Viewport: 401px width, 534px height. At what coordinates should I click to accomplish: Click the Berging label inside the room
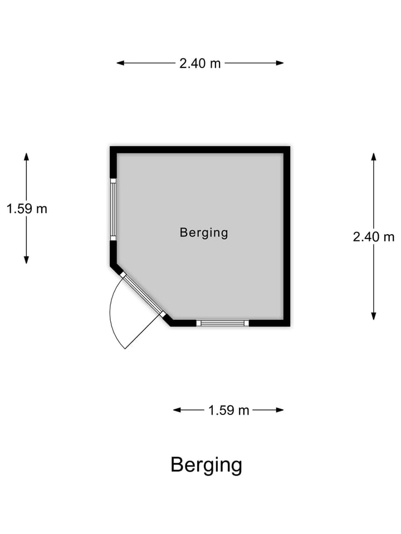click(204, 233)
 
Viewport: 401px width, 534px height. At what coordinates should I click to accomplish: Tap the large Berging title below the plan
click(206, 465)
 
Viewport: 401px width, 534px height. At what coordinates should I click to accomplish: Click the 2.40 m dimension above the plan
click(200, 63)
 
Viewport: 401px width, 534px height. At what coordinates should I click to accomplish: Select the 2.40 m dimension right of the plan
click(374, 237)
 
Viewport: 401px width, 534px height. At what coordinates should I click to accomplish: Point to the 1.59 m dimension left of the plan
click(27, 209)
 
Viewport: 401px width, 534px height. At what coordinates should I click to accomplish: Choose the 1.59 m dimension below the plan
click(229, 411)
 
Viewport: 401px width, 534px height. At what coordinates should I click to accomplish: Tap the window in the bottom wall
click(223, 323)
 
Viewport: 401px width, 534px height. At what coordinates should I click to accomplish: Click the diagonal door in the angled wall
click(143, 294)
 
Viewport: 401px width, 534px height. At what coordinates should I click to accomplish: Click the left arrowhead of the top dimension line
click(120, 63)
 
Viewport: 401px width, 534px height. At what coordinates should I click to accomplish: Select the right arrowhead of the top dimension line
click(280, 63)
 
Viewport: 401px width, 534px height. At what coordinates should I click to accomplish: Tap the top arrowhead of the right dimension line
click(374, 157)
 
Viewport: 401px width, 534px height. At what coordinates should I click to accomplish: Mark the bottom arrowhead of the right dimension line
click(374, 317)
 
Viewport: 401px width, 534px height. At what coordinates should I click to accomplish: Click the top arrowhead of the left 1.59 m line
click(26, 157)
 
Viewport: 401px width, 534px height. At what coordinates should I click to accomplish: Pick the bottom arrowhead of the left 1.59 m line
click(26, 260)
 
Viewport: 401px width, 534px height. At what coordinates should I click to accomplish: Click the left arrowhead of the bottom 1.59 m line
click(177, 410)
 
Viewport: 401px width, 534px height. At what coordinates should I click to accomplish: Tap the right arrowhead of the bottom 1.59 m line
click(280, 410)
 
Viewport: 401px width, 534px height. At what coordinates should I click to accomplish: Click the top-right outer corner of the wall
click(290, 146)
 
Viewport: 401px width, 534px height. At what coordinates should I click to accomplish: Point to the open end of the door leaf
click(125, 349)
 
